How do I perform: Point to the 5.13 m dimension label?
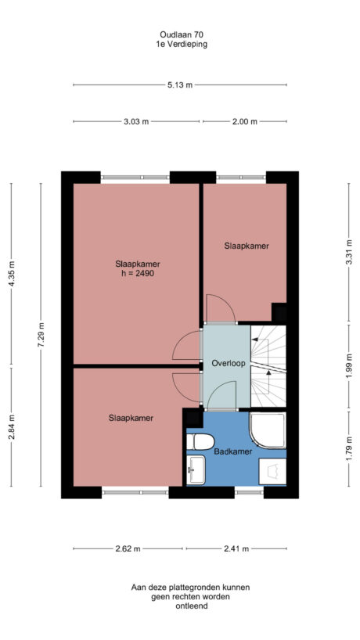point(180,85)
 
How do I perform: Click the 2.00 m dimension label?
point(244,122)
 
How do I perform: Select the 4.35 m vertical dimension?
point(11,273)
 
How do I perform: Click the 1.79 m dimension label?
point(347,455)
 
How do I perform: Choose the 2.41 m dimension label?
point(236,548)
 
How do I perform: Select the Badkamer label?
point(232,451)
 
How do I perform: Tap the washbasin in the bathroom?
point(195,470)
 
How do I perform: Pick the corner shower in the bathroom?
point(269,431)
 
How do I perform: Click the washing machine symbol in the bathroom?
point(272,472)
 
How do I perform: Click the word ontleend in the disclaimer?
point(180,606)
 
